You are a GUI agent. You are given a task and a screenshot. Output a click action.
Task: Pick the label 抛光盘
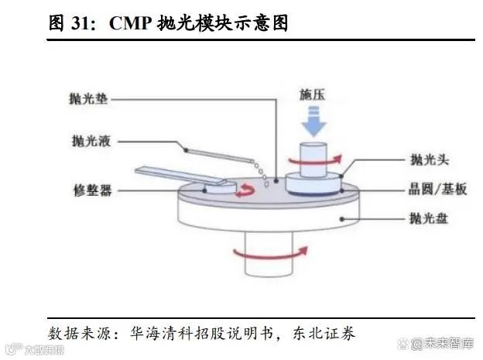(429, 219)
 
